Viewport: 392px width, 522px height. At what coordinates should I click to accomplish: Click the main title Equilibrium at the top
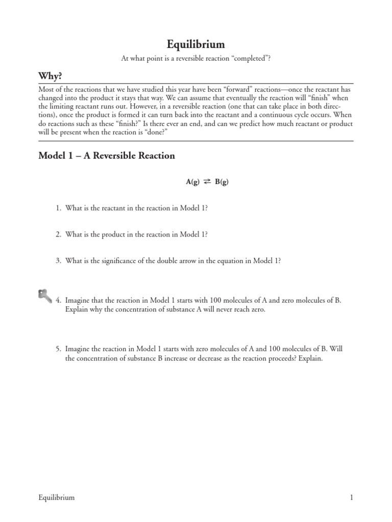[x=195, y=45]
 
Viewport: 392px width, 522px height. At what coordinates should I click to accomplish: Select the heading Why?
[x=50, y=76]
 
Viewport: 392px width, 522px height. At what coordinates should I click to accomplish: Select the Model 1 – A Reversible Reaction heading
[x=107, y=156]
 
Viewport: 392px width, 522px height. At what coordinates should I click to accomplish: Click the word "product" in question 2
[x=112, y=234]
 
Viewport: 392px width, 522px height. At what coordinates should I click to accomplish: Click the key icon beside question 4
[x=44, y=295]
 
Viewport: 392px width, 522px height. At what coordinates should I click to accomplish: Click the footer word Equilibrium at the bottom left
[x=56, y=498]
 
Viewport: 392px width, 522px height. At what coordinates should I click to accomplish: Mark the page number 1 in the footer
[x=351, y=498]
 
